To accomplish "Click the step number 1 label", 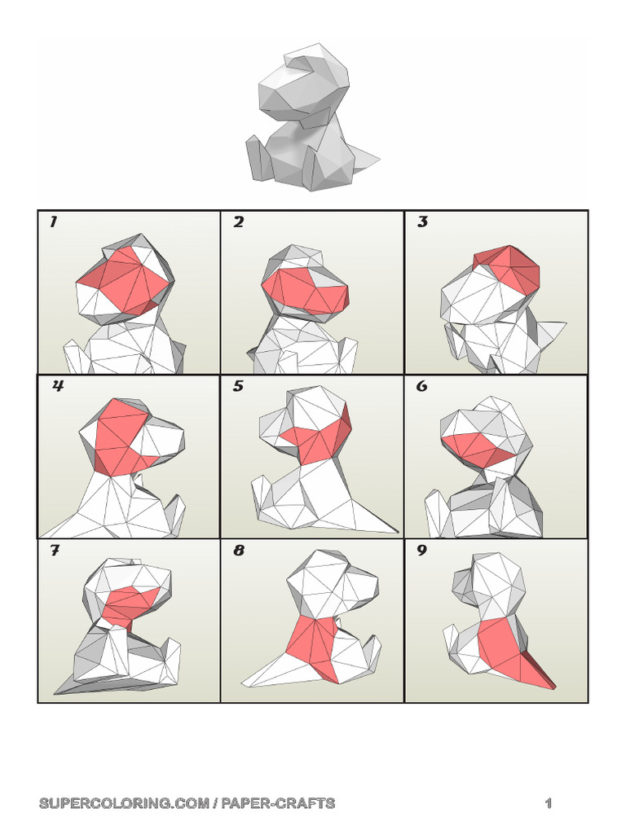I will [x=53, y=222].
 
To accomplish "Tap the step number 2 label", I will [x=238, y=222].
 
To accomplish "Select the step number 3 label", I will [x=422, y=222].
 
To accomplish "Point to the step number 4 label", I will [x=57, y=387].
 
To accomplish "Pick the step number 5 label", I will [x=238, y=387].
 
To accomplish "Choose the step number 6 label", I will [x=422, y=387].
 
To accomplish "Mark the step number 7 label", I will [x=55, y=551].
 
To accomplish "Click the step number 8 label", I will [x=239, y=551].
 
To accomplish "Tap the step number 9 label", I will [x=422, y=551].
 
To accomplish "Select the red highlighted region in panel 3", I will [x=505, y=265].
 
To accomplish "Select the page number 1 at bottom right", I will [x=549, y=804].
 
